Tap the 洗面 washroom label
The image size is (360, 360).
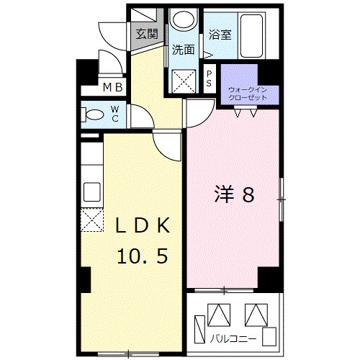pos(184,50)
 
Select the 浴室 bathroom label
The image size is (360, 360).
pos(220,35)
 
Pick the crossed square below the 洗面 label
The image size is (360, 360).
pos(184,79)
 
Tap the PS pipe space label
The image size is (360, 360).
pos(209,78)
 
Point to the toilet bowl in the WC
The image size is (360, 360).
pos(94,114)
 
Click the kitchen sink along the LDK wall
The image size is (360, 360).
pos(91,192)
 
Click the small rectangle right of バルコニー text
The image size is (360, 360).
pos(269,336)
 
